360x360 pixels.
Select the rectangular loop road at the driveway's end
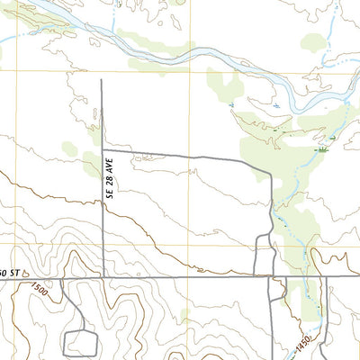click(x=80, y=343)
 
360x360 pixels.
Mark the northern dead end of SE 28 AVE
click(x=101, y=80)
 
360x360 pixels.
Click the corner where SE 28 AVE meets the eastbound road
click(x=102, y=149)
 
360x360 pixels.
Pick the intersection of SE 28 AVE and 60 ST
click(x=102, y=278)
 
